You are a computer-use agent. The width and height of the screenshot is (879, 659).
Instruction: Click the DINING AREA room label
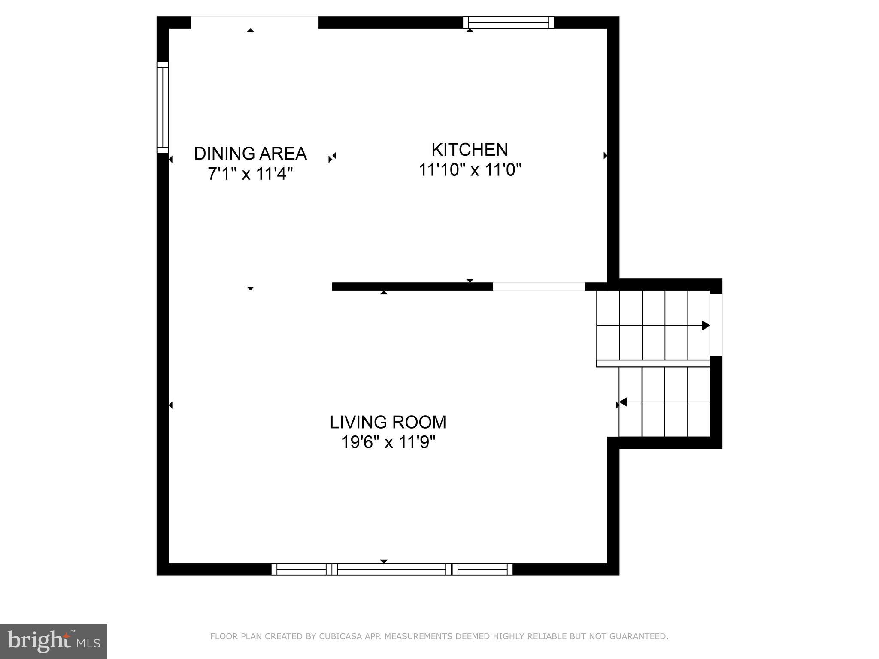[250, 154]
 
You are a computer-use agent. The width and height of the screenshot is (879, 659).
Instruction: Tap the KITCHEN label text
[470, 150]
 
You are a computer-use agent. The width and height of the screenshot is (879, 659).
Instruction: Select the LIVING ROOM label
[388, 422]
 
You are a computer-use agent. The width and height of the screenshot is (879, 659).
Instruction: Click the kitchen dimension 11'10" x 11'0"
[470, 170]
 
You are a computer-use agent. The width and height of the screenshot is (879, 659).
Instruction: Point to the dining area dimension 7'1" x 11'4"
[250, 174]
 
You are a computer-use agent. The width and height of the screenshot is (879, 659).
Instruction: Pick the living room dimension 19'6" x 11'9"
[388, 442]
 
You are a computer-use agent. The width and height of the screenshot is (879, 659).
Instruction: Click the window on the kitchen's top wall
[508, 22]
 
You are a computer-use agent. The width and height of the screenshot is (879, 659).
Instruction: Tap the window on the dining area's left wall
[163, 107]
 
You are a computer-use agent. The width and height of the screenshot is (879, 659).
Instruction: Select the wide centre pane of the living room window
[391, 569]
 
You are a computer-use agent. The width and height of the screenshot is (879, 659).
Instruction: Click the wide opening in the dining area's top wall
[255, 22]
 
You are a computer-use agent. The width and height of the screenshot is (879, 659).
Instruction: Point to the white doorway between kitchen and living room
[539, 287]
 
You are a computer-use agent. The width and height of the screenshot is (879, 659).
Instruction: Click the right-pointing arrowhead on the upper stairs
[706, 326]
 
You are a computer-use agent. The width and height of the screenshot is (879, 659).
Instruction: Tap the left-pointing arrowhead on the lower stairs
[624, 402]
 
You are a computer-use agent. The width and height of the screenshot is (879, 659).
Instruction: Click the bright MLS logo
[54, 641]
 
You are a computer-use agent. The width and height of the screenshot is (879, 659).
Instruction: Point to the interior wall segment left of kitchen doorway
[412, 287]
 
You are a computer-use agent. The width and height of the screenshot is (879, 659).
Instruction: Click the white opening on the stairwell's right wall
[716, 325]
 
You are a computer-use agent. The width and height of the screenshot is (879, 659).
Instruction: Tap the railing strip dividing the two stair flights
[653, 363]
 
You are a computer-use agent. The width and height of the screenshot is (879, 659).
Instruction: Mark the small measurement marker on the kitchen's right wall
[605, 155]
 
